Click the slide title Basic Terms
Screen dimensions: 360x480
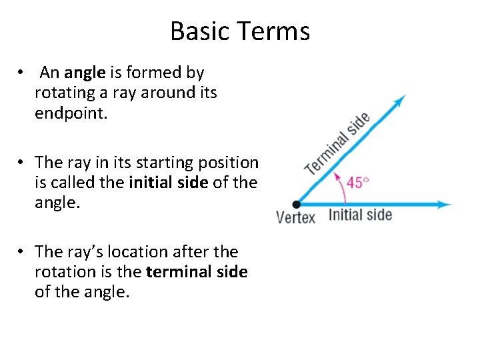[x=240, y=31]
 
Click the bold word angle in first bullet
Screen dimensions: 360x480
[x=84, y=72]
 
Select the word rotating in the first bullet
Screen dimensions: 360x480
[x=65, y=93]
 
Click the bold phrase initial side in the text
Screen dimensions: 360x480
[x=169, y=183]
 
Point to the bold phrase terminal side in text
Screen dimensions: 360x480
[x=197, y=272]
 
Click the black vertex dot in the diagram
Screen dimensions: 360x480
[x=297, y=204]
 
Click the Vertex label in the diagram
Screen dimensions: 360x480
[x=295, y=218]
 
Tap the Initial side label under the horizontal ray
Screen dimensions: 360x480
[x=360, y=215]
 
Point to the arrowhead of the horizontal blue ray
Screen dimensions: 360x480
[x=445, y=204]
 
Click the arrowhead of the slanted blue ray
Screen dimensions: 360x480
[x=400, y=101]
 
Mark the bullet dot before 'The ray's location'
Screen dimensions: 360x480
[x=22, y=252]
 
